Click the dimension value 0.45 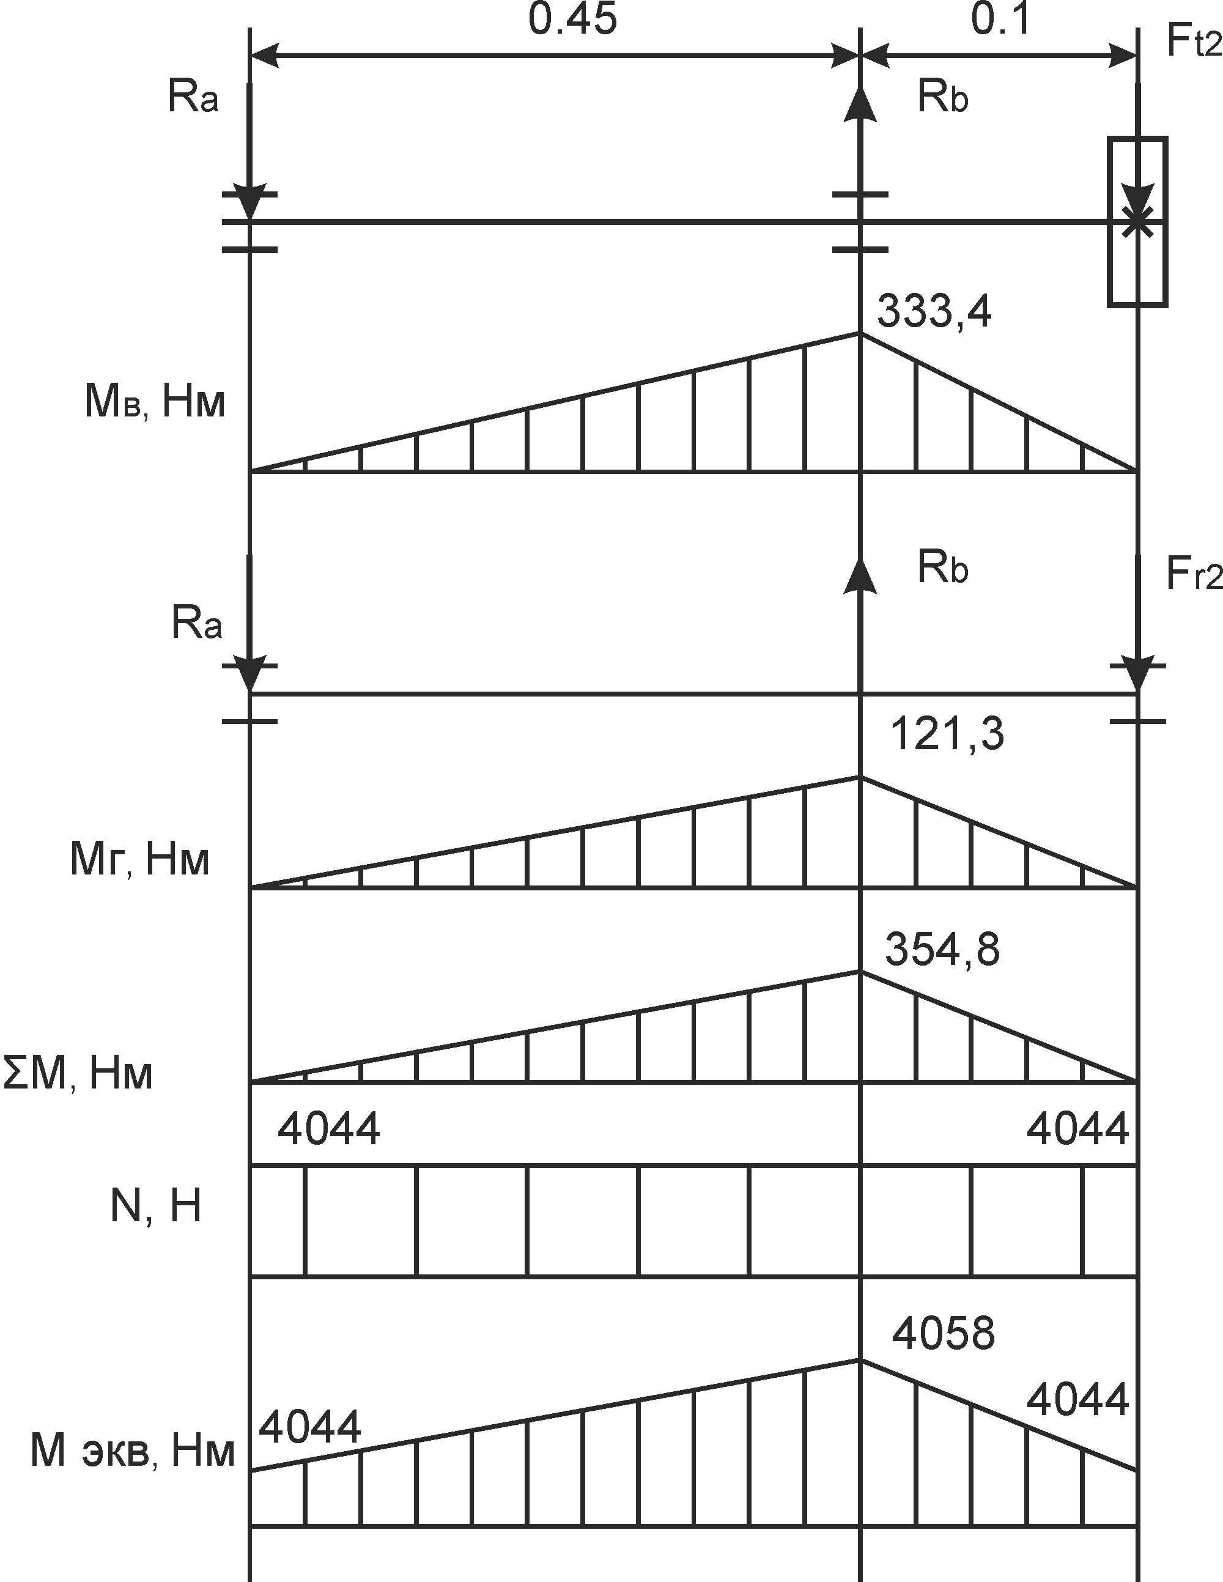pos(572,20)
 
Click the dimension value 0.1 pos(1000,20)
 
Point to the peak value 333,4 pos(934,313)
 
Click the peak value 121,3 pos(946,734)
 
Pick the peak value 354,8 pos(942,950)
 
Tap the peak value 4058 pos(944,1334)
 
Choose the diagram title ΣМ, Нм pos(78,1074)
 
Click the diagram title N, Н pos(156,1206)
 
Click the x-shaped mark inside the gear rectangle pos(1137,221)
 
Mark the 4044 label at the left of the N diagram pos(329,1128)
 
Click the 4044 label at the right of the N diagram pos(1077,1128)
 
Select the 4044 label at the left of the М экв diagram pos(309,1427)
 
